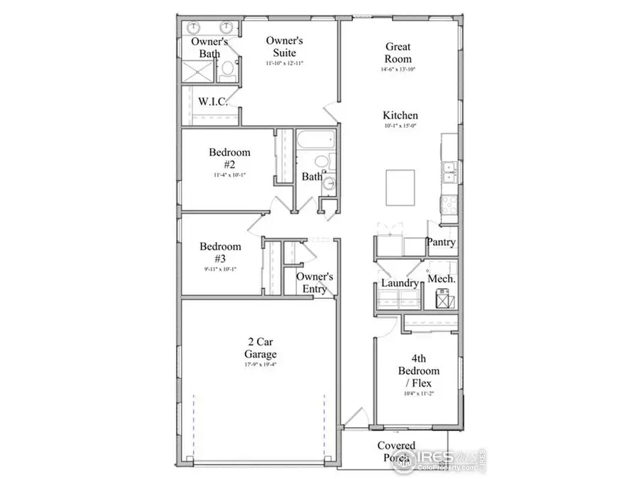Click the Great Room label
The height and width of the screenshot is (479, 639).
click(398, 53)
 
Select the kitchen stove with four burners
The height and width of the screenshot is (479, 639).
click(449, 204)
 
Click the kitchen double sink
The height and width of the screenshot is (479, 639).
click(449, 170)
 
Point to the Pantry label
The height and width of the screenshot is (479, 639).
click(440, 243)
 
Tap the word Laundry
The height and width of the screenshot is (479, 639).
click(400, 283)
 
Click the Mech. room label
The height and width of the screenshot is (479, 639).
click(441, 279)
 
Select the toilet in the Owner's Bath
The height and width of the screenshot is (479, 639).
click(227, 70)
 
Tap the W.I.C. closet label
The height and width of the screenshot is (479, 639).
click(212, 102)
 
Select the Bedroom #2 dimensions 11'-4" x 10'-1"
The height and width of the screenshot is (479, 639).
click(229, 175)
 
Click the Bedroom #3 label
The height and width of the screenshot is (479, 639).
click(220, 253)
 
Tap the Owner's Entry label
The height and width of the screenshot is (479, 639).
click(315, 282)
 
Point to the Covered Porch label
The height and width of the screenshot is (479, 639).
click(396, 452)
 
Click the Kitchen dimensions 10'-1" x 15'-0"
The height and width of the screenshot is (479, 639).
click(400, 126)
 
